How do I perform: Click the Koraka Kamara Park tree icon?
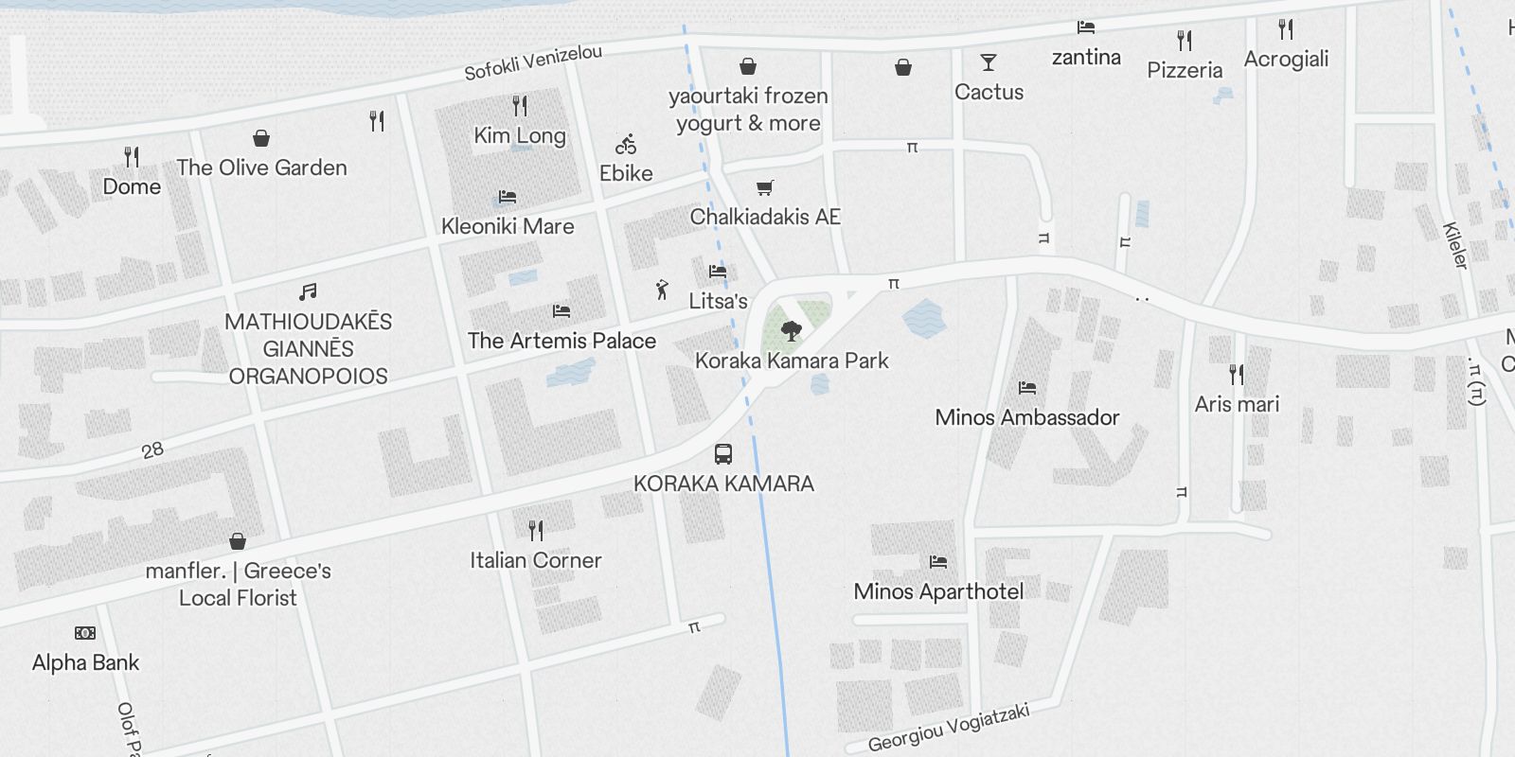pos(791,330)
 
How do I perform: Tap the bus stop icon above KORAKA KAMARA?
pos(723,453)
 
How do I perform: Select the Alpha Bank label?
pos(85,662)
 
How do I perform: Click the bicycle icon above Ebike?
pos(626,145)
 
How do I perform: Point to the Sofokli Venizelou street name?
pos(533,62)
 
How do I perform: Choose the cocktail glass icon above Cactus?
pos(989,63)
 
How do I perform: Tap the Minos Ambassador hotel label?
pos(1026,417)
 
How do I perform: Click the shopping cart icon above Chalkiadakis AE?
pos(765,187)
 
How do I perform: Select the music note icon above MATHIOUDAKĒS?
pos(308,292)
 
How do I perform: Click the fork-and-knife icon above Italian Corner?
pos(536,530)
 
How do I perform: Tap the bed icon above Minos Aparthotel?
pos(938,562)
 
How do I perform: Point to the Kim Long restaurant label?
pos(520,135)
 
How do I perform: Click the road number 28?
pos(152,450)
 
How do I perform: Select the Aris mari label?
pos(1237,404)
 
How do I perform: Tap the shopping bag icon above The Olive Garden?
pos(261,138)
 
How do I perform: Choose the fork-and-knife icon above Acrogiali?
pos(1286,29)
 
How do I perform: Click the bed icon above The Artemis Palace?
pos(561,310)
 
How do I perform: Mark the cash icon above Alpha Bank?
pos(85,633)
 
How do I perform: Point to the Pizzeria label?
pos(1185,70)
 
